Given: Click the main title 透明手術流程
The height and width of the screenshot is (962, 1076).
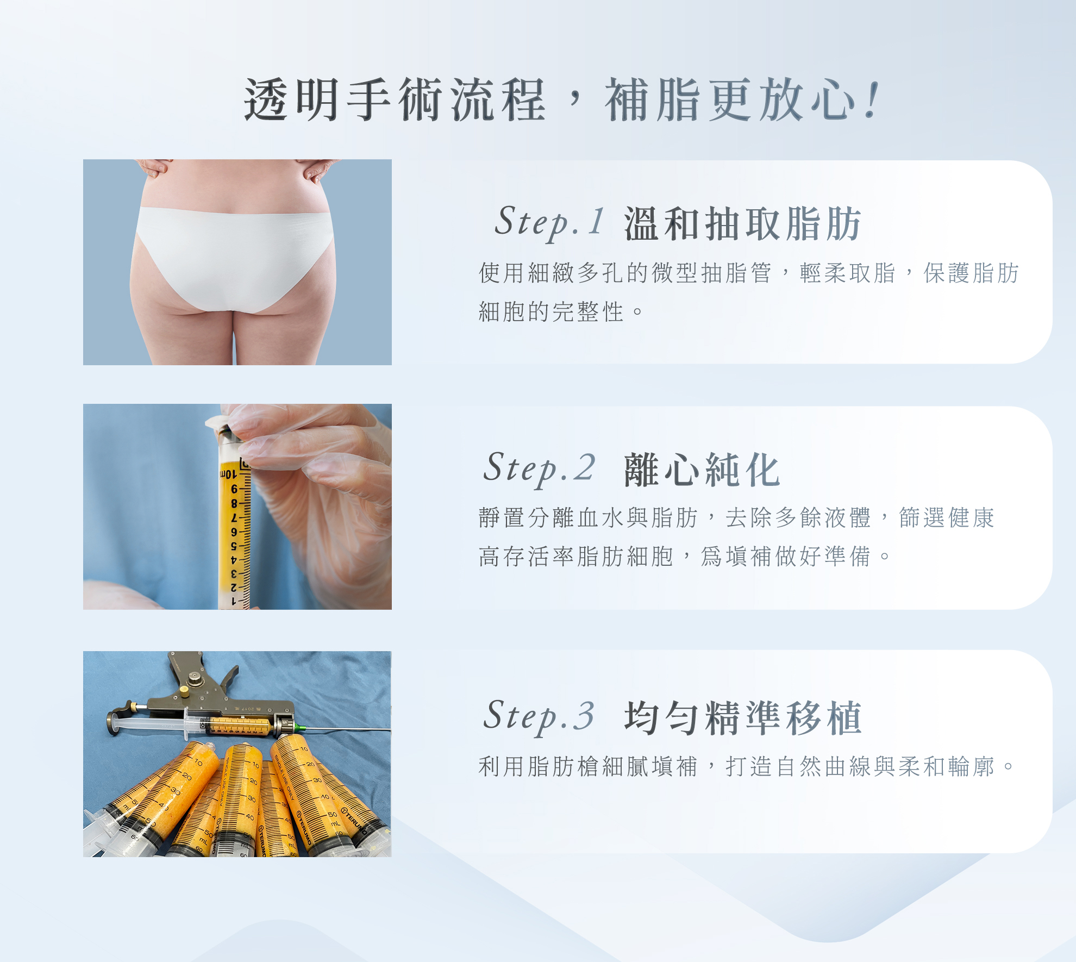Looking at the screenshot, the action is (395, 100).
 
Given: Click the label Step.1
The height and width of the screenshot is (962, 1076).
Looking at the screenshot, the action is (549, 222).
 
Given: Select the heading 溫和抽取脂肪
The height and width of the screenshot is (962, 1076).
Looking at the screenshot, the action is (742, 223).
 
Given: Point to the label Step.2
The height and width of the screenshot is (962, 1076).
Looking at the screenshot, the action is (539, 468).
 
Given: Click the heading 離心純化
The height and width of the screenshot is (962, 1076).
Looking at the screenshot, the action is (702, 470).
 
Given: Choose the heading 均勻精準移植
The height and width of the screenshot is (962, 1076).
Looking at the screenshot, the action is (742, 717).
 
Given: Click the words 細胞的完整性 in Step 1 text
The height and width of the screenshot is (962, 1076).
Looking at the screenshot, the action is (551, 312).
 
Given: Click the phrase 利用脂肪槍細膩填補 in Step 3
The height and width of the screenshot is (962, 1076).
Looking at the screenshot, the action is (587, 767).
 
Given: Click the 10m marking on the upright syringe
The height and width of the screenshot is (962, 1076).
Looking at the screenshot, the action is (227, 474).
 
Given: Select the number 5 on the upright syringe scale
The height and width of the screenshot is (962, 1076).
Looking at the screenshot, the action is (234, 546).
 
